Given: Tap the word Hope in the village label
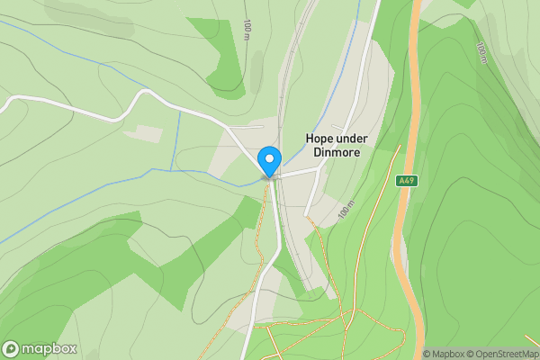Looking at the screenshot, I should pos(320,139).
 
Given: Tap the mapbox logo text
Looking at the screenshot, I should pos(49,348).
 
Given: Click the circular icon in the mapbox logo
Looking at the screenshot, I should pos(12,348).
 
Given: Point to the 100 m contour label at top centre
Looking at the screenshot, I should pos(247,30).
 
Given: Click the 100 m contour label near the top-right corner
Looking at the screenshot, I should pos(482,54).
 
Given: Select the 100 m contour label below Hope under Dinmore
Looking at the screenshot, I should pos(346,211).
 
